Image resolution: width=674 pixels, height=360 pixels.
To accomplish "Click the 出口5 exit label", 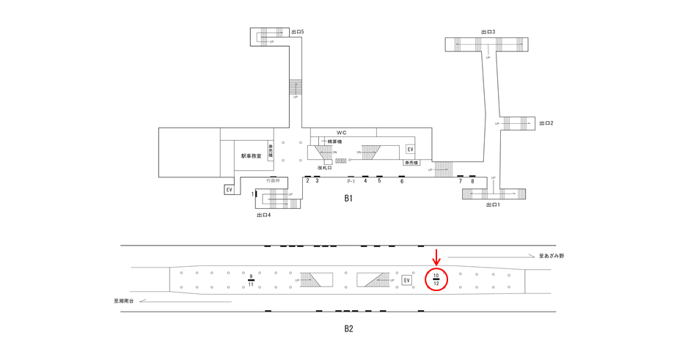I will click(297, 32).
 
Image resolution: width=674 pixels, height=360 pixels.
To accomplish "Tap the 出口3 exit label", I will click(488, 32).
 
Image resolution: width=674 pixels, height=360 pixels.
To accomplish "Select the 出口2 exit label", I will click(546, 123).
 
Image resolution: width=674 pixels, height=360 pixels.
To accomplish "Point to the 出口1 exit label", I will click(493, 205).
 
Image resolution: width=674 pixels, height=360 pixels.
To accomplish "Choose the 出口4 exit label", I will click(264, 215).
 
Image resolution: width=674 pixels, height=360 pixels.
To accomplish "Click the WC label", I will click(341, 132).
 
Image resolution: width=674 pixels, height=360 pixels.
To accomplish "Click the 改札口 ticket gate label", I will click(326, 168).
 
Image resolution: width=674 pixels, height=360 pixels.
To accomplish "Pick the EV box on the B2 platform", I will click(407, 280).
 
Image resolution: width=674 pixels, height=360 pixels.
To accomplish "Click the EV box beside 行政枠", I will click(230, 190).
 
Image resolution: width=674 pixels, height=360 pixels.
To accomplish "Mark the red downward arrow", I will click(436, 257).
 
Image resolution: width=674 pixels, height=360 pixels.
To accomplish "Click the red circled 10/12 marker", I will click(436, 279).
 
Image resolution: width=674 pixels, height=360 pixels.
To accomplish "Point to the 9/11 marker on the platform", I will click(251, 280).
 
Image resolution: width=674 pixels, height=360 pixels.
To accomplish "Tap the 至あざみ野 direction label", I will click(551, 256).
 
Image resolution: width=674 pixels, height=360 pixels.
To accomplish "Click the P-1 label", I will click(351, 181).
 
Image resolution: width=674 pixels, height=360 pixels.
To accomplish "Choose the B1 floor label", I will click(349, 198).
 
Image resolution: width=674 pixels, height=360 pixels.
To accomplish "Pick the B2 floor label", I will click(349, 328).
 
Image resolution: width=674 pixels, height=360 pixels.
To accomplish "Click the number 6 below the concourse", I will click(402, 181).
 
